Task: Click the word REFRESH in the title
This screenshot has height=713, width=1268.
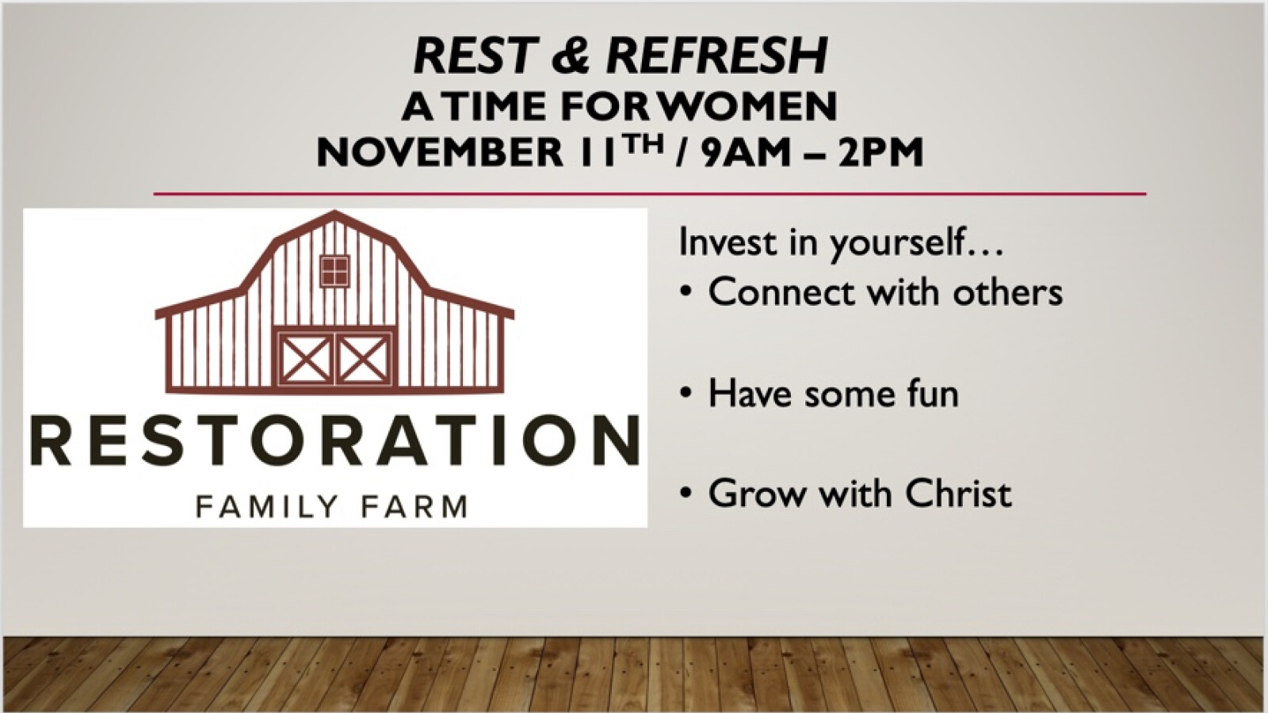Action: coord(717,56)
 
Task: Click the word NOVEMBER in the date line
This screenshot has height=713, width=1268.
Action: coord(440,152)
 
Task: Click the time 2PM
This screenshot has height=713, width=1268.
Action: coord(880,152)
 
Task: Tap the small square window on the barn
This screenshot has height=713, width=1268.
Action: coord(334,271)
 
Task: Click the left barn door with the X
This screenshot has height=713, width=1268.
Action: coord(306,358)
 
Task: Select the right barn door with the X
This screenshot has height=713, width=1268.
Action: coord(364,358)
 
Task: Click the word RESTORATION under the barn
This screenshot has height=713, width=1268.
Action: coord(334,440)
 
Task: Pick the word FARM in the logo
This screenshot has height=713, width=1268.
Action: coord(414,506)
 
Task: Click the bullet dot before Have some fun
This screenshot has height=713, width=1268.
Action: coord(686,393)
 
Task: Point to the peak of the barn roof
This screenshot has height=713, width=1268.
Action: coord(334,213)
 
